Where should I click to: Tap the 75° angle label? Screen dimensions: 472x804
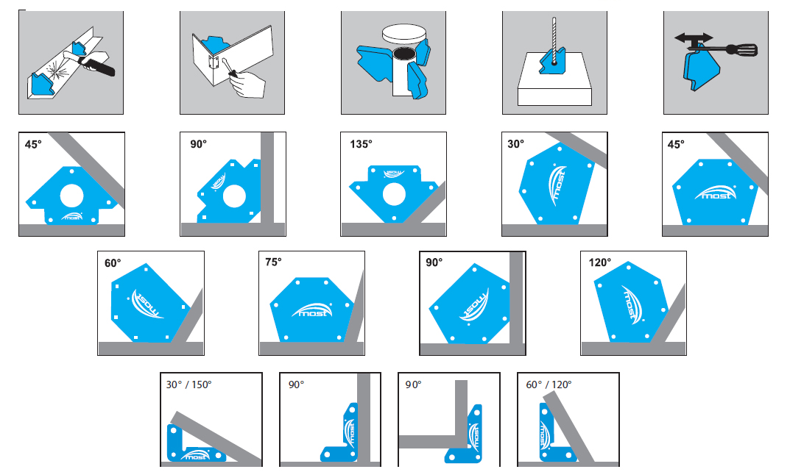click(274, 262)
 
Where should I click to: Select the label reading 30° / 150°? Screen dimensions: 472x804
click(188, 385)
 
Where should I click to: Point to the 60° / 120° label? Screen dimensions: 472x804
click(549, 385)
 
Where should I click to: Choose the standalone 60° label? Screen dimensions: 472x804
click(113, 262)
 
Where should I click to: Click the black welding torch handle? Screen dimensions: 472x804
click(101, 67)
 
